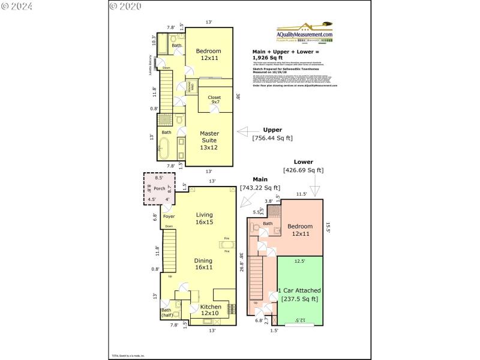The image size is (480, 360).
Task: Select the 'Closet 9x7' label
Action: point(214,100)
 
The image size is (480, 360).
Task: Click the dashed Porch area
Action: point(159,188)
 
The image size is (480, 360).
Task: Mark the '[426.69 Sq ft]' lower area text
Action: point(303,170)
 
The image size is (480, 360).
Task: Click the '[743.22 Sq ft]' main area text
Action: point(260,188)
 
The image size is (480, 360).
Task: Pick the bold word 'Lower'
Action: point(303,161)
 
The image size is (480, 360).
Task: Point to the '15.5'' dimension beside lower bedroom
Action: point(328,227)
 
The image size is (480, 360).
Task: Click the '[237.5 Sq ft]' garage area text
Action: point(299,299)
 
